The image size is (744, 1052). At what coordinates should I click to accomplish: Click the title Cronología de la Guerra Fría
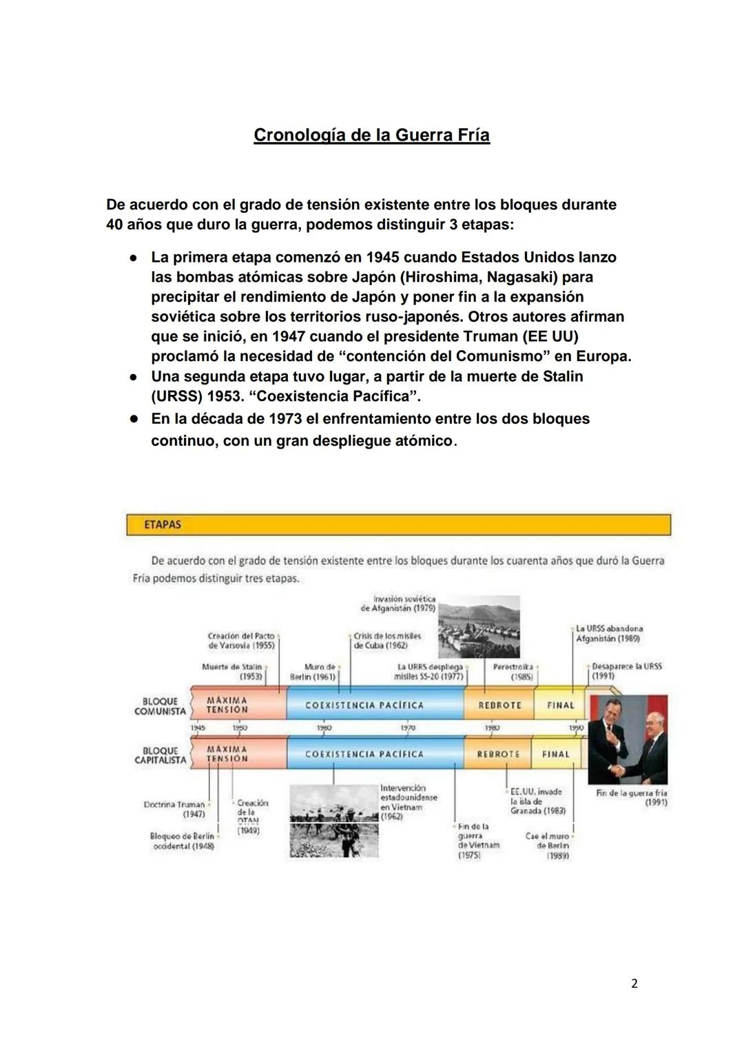pyautogui.click(x=371, y=135)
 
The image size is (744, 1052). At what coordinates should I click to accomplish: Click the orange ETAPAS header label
pyautogui.click(x=163, y=525)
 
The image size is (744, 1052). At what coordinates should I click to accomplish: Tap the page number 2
pyautogui.click(x=634, y=984)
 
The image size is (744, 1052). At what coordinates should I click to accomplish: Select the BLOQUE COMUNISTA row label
pyautogui.click(x=160, y=706)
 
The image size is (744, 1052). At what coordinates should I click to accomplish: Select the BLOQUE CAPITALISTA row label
pyautogui.click(x=160, y=755)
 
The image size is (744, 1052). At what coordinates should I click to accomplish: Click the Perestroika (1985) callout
pyautogui.click(x=513, y=672)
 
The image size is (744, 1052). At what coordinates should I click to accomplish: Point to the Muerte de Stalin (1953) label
pyautogui.click(x=232, y=672)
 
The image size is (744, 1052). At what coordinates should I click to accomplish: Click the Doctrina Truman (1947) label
pyautogui.click(x=174, y=809)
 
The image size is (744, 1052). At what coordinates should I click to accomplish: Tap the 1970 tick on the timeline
pyautogui.click(x=407, y=728)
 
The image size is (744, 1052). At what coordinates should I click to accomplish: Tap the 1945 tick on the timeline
pyautogui.click(x=198, y=728)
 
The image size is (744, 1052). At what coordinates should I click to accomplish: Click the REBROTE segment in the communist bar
pyautogui.click(x=499, y=705)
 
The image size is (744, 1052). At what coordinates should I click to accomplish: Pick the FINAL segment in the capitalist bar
pyautogui.click(x=555, y=754)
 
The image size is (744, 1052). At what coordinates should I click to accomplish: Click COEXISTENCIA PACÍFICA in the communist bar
pyautogui.click(x=364, y=705)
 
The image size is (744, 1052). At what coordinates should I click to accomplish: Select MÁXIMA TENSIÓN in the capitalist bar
pyautogui.click(x=227, y=754)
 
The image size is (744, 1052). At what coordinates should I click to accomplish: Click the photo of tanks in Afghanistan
pyautogui.click(x=479, y=627)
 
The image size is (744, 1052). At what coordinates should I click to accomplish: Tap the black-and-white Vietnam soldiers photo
pyautogui.click(x=332, y=821)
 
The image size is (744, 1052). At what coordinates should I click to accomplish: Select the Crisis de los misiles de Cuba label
pyautogui.click(x=387, y=641)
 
